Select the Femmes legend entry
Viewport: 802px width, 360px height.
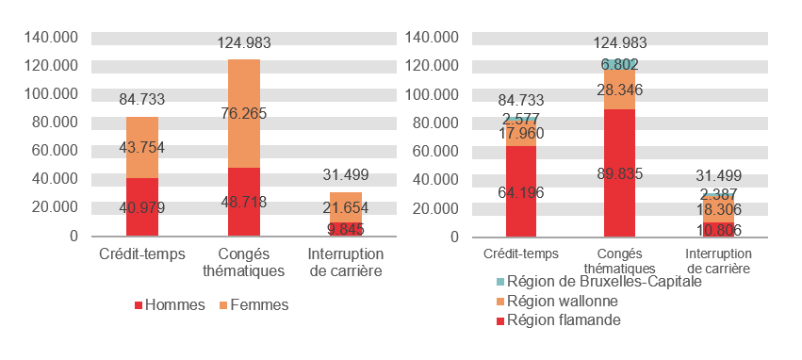point(254,304)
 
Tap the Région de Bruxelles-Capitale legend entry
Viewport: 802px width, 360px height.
point(604,282)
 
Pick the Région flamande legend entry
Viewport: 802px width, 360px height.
point(563,320)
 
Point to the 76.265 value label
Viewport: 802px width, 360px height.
point(244,113)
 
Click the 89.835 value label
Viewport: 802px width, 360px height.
point(619,172)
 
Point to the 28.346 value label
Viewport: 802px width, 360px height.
point(619,90)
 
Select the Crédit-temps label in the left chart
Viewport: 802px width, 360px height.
point(142,254)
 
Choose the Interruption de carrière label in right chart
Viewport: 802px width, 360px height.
point(718,260)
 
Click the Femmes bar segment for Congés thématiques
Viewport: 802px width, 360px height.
point(244,94)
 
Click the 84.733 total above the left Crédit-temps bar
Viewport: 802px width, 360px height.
point(142,99)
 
